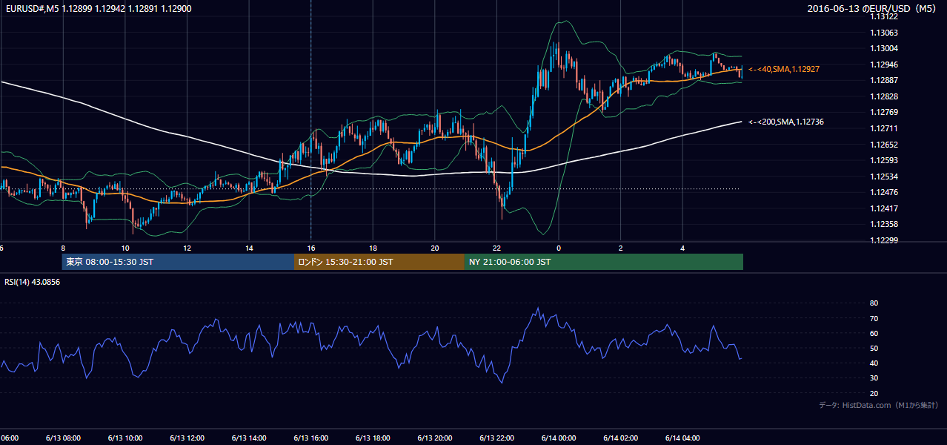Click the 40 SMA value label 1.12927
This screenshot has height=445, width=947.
coord(784,69)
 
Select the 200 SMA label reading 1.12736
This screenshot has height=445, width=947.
coord(786,122)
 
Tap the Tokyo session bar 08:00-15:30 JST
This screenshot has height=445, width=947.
coord(178,262)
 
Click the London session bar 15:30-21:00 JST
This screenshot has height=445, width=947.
coord(379,262)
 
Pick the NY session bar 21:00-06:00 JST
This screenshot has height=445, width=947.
coord(604,262)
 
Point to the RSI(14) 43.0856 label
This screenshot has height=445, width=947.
coord(32,282)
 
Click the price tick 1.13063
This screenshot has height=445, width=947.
coord(884,33)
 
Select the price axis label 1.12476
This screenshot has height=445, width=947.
coord(884,192)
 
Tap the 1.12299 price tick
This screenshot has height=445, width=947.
coord(884,240)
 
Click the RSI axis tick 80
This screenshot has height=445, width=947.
coord(874,303)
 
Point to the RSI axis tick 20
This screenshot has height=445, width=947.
coord(874,393)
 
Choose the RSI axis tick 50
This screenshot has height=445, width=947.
coord(874,348)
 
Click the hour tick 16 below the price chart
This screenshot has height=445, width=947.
coord(311,248)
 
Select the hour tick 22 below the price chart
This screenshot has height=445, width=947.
coord(496,248)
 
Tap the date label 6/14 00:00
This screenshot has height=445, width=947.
coord(559,438)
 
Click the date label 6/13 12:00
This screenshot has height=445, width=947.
coord(187,438)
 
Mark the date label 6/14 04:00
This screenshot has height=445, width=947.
coord(682,438)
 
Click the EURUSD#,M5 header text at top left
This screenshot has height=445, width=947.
coord(99,8)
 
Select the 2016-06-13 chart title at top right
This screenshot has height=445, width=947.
coord(871,8)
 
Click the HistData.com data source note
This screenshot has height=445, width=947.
coord(879,405)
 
